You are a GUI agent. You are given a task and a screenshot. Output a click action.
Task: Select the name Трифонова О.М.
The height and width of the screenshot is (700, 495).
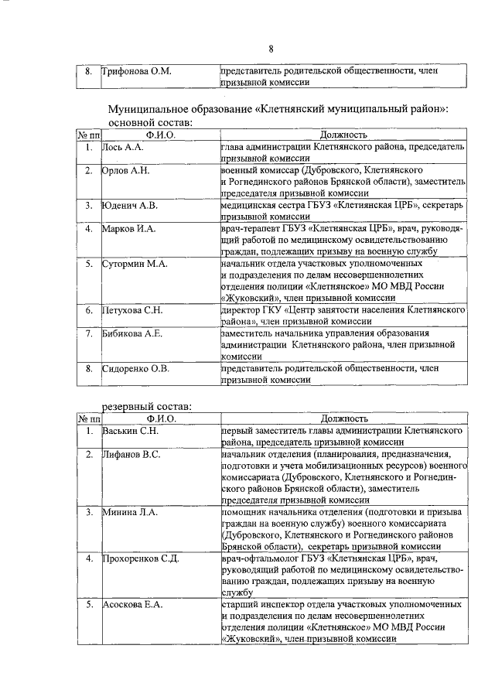(x=137, y=71)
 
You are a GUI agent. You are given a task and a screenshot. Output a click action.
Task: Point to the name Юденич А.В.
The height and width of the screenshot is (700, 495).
(x=130, y=205)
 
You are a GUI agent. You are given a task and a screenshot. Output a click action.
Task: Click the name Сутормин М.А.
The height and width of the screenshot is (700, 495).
(x=133, y=264)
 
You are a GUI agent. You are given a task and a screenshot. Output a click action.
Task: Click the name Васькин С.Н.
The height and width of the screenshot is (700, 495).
(x=131, y=429)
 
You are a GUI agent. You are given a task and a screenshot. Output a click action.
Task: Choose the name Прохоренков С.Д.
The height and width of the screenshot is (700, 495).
(x=140, y=558)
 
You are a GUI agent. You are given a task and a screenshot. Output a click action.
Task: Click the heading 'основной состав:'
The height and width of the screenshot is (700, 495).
(x=150, y=122)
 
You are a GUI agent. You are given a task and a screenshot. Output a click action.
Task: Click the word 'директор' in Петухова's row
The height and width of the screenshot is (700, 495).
(x=241, y=309)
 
